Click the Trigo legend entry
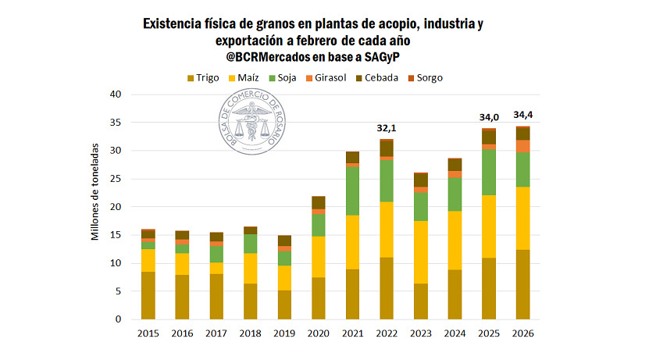coord(202,77)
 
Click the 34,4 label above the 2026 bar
coord(522,115)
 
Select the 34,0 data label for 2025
coord(488,117)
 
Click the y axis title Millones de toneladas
coord(95,191)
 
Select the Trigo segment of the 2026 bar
coord(522,284)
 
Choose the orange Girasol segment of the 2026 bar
coord(522,146)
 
